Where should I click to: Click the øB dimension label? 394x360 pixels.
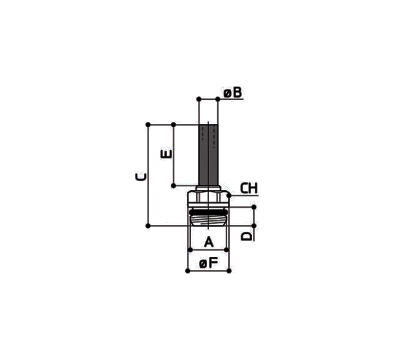click(x=233, y=92)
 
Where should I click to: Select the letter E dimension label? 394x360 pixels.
click(x=166, y=154)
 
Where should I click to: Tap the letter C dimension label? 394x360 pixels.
click(x=140, y=177)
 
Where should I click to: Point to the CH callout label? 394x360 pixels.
click(x=249, y=188)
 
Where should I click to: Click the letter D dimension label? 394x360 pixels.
click(x=246, y=236)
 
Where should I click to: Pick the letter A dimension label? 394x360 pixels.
click(x=209, y=242)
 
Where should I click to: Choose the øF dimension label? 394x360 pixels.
click(x=208, y=264)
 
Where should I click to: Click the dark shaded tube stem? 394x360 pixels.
click(x=208, y=155)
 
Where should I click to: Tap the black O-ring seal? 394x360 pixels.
click(x=208, y=213)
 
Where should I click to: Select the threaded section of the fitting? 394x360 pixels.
click(x=208, y=221)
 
